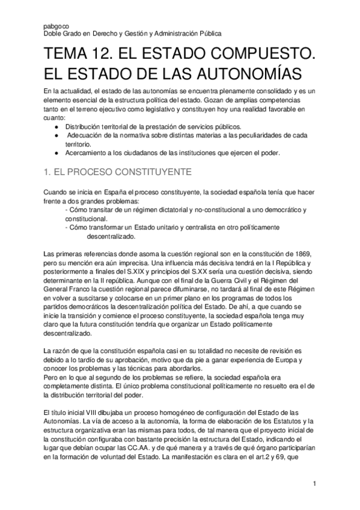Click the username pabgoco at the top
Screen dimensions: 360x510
[x=55, y=26]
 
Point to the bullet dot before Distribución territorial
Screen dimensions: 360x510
[x=56, y=127]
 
